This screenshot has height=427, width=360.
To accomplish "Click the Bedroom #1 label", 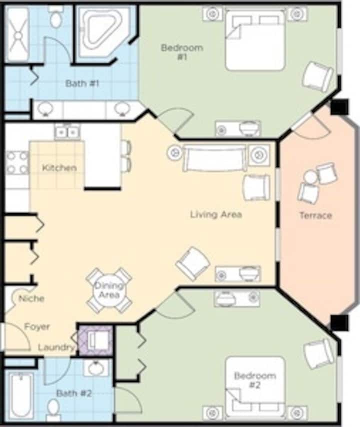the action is coord(182,52).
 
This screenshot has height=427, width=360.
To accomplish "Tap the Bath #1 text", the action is coord(82,83).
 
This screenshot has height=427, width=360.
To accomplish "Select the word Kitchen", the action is coord(59,168).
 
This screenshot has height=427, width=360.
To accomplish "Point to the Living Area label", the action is coord(216,214).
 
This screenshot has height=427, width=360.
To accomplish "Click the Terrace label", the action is coord(315,215).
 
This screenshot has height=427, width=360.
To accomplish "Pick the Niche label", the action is coord(31,298).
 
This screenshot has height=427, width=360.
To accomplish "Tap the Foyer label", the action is coord(37,326).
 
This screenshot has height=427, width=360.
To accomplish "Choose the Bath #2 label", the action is coord(74,393).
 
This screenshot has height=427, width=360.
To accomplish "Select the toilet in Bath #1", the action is coord(56,17).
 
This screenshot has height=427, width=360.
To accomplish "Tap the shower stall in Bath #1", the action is coord(17,34).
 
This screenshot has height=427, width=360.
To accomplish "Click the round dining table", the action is coord(109,290).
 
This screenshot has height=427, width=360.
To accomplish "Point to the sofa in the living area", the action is coord(214,158).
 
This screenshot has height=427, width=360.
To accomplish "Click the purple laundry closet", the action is coord(96,340).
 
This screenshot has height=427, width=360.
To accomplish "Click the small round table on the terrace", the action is coord(310,177).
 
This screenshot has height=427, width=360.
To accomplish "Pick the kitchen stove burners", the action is coord(17,162).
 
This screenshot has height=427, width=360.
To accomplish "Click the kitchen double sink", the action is coord(67,132).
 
